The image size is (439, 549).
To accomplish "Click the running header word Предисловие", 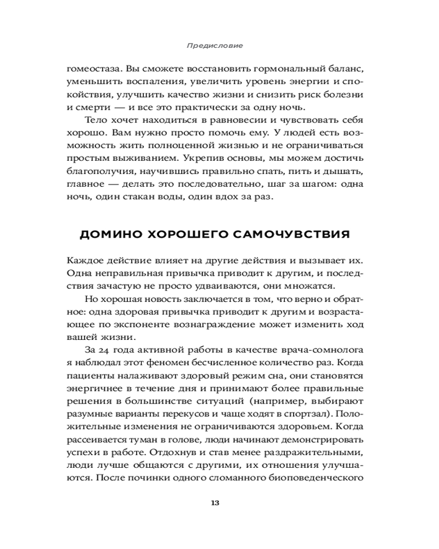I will [219, 44].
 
